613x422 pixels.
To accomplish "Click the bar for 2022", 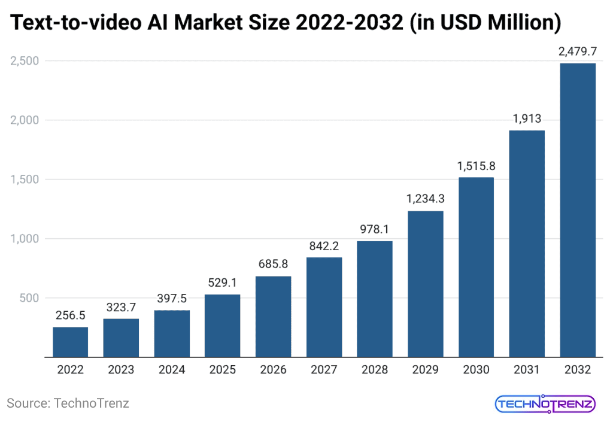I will tap(70, 342).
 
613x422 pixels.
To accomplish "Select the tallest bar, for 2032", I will tap(578, 210).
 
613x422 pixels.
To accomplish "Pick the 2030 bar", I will tap(477, 267).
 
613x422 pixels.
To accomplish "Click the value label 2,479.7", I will tap(578, 52).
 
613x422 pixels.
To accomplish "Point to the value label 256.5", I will tap(70, 316).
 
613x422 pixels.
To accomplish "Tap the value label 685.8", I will tap(274, 265).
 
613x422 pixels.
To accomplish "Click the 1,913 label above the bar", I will tap(527, 119).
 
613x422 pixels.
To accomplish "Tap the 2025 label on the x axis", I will tap(223, 369).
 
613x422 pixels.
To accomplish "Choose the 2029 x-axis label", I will tap(426, 369).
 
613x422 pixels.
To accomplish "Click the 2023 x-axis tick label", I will tap(121, 369).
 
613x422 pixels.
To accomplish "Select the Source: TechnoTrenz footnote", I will tap(68, 403).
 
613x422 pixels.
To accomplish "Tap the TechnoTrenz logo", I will tap(545, 403).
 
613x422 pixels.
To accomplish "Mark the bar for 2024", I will tap(172, 333).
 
